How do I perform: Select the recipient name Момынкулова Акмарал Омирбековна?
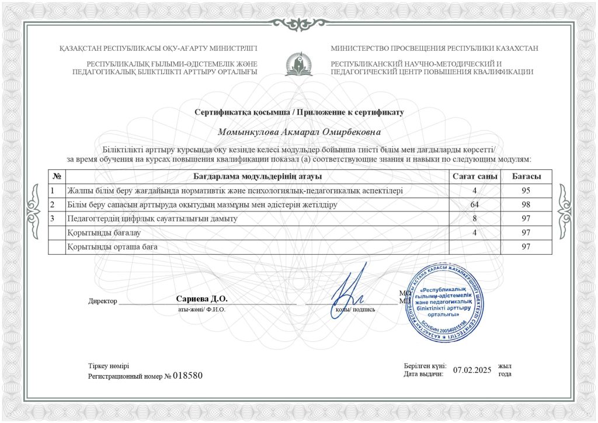[x=298, y=133]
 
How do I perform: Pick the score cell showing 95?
[x=526, y=191]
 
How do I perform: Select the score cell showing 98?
[x=526, y=205]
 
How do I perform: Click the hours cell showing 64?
[x=475, y=205]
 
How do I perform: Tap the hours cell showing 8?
[x=475, y=219]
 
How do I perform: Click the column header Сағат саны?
[x=475, y=176]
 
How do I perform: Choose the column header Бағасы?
[x=526, y=176]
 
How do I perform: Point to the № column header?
[x=57, y=176]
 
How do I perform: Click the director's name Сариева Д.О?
[x=201, y=299]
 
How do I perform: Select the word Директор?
[x=103, y=301]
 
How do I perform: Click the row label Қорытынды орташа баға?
[x=112, y=247]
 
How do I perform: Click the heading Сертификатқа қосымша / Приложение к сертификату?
[x=298, y=112]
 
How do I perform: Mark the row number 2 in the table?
[x=53, y=205]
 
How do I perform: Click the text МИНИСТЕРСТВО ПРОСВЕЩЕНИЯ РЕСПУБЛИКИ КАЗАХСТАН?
[x=434, y=48]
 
